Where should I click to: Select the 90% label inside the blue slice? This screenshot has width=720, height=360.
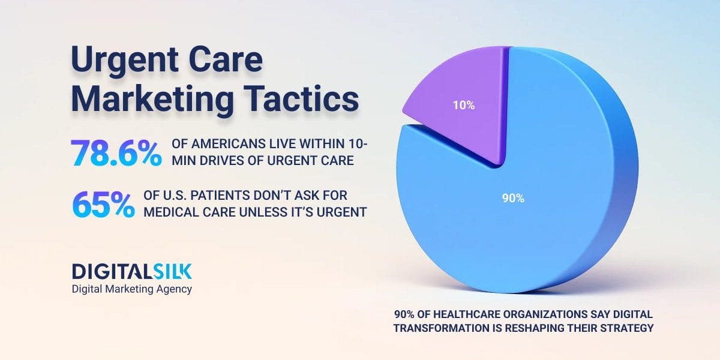[513, 199]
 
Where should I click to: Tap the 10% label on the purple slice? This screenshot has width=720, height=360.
[464, 106]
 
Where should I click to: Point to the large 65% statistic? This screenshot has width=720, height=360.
[103, 205]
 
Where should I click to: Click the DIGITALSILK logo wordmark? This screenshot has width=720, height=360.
[132, 271]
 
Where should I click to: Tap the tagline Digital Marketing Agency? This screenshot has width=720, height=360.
[132, 289]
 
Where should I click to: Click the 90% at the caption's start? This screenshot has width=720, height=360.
[405, 315]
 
